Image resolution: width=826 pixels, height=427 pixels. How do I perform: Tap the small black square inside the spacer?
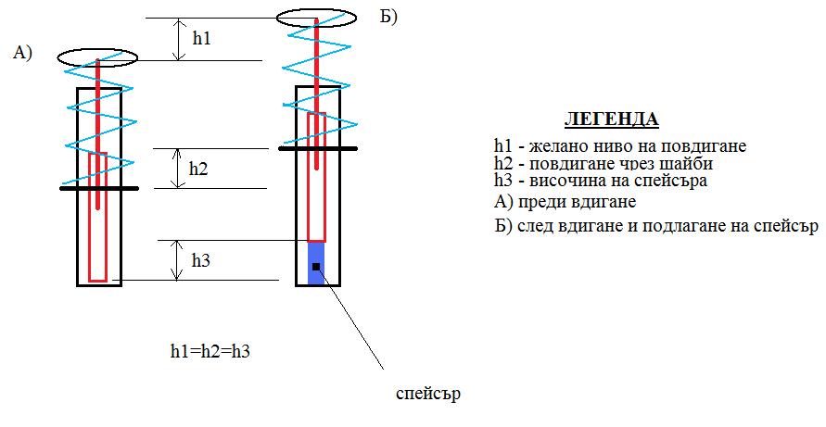tap(316, 267)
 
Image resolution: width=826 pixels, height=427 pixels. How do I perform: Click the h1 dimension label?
tap(202, 39)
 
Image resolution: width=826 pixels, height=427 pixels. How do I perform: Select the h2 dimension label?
tap(198, 169)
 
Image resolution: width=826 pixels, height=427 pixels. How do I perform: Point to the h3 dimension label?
tap(201, 260)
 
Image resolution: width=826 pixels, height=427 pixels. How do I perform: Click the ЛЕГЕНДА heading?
tap(611, 120)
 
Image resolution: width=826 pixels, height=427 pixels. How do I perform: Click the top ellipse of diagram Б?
tap(316, 18)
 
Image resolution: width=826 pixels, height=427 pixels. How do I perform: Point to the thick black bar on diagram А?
tap(99, 189)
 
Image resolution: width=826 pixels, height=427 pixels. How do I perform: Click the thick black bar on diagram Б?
tap(317, 147)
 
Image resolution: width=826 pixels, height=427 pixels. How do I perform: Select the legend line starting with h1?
tap(620, 146)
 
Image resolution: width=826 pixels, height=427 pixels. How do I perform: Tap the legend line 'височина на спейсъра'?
tap(601, 181)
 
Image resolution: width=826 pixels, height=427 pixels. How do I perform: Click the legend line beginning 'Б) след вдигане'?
tap(655, 226)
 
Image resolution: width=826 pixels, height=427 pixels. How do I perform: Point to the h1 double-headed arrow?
tap(178, 39)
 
